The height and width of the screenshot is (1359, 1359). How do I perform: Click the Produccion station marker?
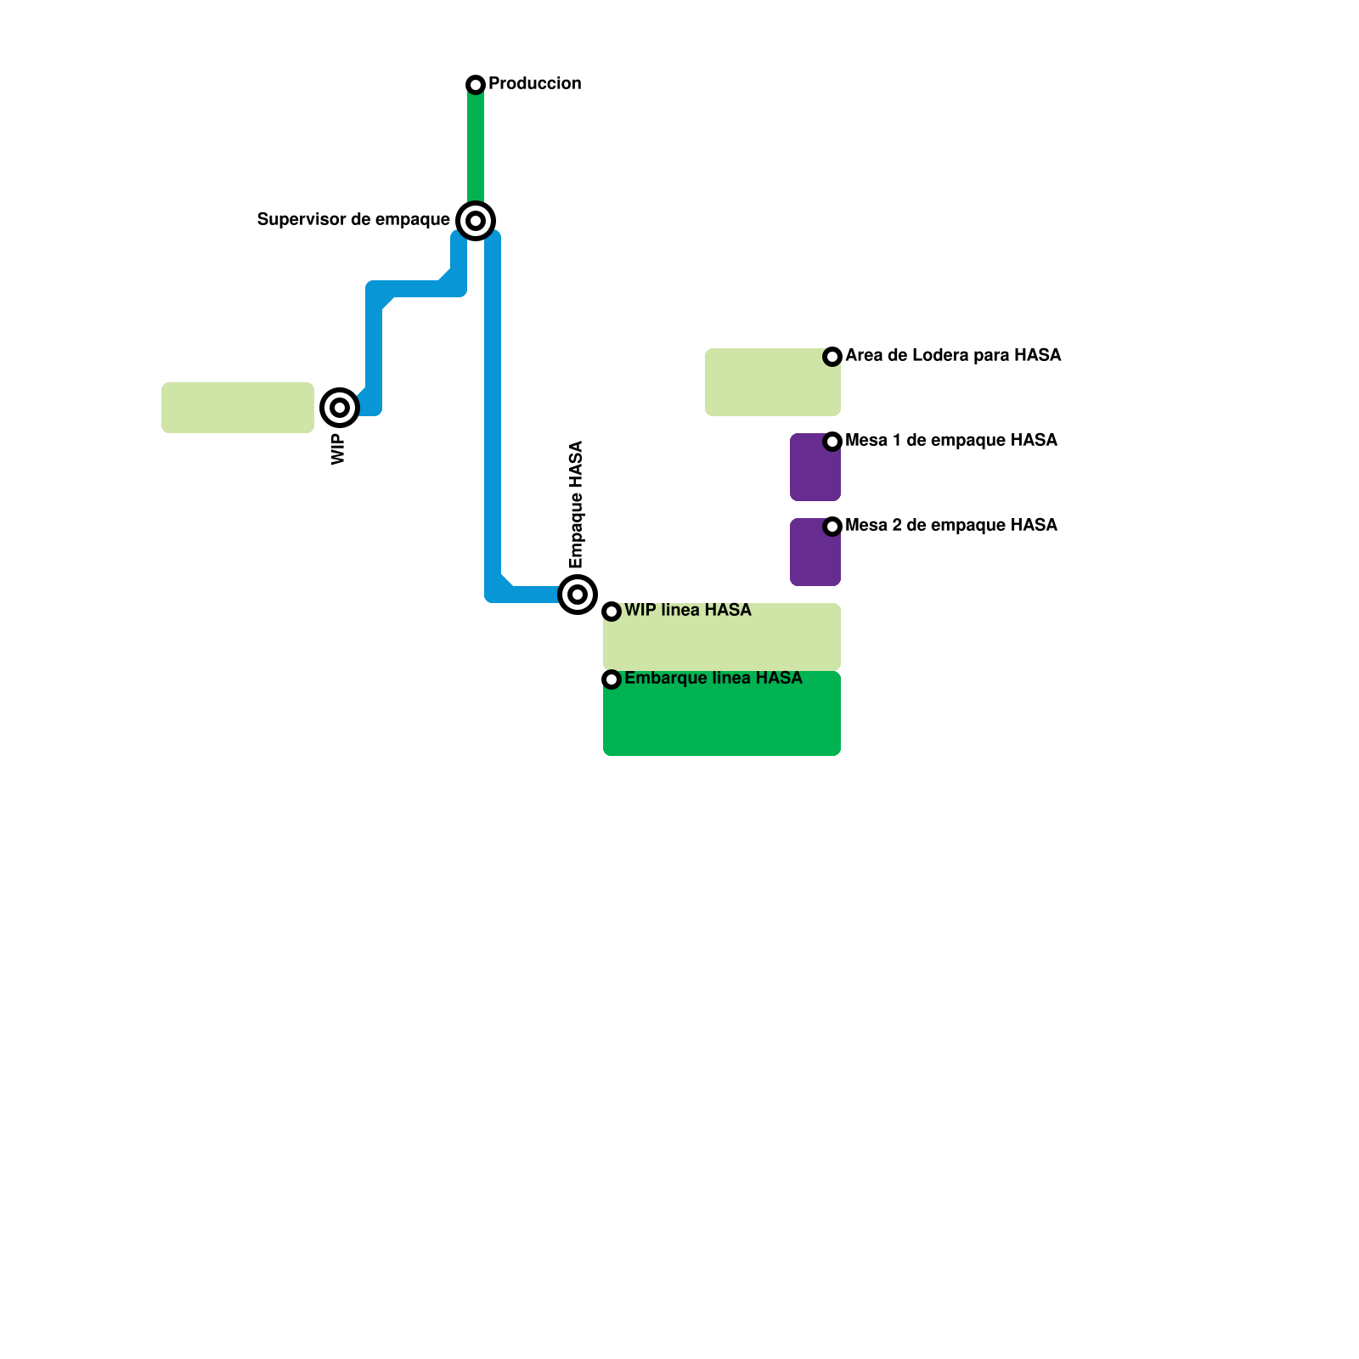476,85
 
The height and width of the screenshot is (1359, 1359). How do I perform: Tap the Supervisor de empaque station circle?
476,221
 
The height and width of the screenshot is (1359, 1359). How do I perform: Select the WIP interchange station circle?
340,408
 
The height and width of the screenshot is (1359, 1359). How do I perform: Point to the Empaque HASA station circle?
578,595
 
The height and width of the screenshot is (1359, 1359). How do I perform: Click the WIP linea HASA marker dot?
612,612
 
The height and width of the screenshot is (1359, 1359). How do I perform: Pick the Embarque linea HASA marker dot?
612,679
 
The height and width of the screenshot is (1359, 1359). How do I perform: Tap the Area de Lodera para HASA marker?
832,357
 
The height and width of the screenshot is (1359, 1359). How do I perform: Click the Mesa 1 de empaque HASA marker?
832,442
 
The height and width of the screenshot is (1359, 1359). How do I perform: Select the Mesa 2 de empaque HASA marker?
832,527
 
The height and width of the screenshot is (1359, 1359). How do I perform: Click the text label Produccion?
534,83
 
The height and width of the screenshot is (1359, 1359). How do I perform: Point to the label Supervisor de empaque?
353,220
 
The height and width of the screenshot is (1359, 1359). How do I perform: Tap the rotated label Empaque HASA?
577,505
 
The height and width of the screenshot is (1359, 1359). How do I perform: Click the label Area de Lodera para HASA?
952,355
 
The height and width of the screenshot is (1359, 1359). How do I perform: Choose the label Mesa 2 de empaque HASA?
950,525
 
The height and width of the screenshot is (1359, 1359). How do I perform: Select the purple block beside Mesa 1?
814,471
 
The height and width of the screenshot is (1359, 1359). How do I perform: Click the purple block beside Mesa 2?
814,556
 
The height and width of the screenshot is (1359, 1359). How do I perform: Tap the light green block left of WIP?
238,408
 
